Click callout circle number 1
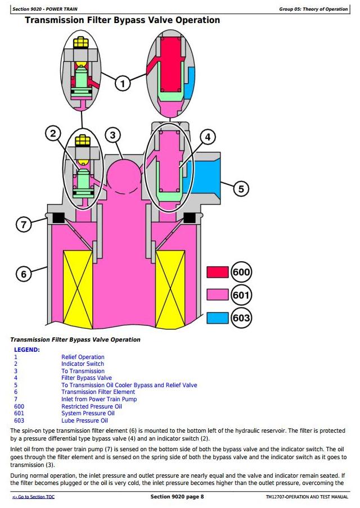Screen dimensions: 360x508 [x=123, y=84]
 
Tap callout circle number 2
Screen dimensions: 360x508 [x=53, y=133]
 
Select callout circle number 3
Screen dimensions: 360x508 [x=112, y=135]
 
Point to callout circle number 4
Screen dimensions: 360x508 [x=208, y=137]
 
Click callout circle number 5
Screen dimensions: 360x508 [x=241, y=189]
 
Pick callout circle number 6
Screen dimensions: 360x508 [x=24, y=274]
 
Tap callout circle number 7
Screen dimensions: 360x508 [x=24, y=224]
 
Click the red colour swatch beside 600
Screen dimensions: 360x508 [x=218, y=272]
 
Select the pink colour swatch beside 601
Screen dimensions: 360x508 [x=218, y=295]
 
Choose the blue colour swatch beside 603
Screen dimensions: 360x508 [x=218, y=318]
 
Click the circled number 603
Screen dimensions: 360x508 [x=241, y=318]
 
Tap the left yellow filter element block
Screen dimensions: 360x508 [x=78, y=289]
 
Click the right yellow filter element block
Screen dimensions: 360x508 [x=170, y=289]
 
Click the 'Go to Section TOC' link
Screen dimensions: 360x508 [x=33, y=497]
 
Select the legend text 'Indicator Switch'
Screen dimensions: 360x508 [x=83, y=364]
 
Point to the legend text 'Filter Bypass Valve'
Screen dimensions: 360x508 [x=87, y=378]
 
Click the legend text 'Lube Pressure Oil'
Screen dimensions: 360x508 [x=84, y=420]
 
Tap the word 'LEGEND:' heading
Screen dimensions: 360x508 [x=27, y=350]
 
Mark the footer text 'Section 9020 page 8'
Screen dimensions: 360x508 [x=177, y=497]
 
